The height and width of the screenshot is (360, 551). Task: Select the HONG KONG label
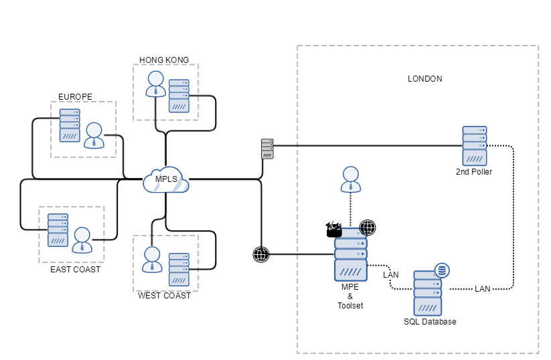tap(164, 60)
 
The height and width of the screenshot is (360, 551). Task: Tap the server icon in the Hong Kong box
tap(179, 95)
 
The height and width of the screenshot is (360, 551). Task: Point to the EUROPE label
tap(75, 96)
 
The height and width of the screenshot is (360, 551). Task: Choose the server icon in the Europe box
tap(70, 125)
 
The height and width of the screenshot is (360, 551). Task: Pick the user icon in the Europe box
tap(94, 134)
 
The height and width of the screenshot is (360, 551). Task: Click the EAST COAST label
tap(76, 270)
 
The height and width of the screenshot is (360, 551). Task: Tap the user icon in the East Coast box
tap(82, 239)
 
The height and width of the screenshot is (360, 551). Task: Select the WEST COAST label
tap(164, 295)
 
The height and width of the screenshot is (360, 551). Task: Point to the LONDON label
tap(425, 79)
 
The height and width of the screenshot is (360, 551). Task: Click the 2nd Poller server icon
tap(474, 145)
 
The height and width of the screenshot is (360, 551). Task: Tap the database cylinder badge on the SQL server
tap(442, 271)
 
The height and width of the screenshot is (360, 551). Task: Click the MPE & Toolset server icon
tap(350, 255)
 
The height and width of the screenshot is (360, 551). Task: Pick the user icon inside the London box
tap(350, 179)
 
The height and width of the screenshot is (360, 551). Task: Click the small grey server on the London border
tap(267, 149)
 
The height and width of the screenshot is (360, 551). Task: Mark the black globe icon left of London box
tap(261, 254)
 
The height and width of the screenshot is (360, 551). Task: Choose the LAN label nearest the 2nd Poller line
tap(482, 289)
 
